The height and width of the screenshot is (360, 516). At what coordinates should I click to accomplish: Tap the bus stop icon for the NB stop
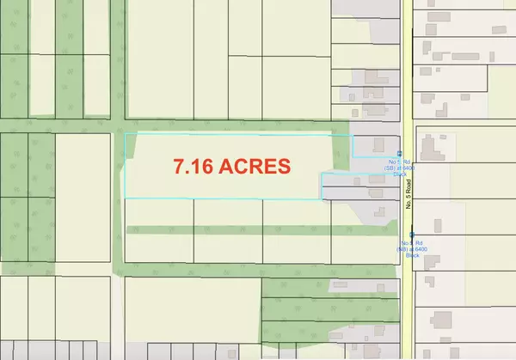coord(412,234)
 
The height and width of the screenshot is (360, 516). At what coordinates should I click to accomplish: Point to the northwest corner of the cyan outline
coord(126,135)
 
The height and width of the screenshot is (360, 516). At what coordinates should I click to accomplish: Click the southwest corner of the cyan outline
coord(126,198)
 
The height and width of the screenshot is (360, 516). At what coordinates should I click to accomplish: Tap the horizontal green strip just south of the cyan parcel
coord(241,230)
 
